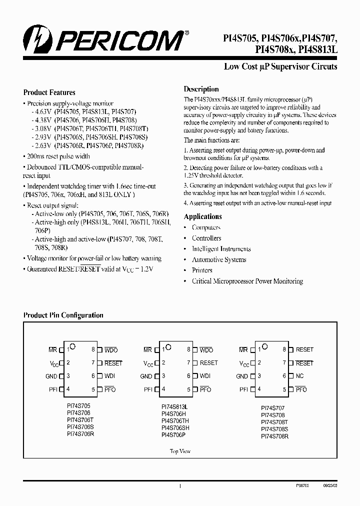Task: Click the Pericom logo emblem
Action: tap(34, 39)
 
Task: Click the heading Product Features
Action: tap(49, 92)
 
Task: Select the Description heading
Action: tap(201, 89)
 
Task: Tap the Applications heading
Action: tap(202, 216)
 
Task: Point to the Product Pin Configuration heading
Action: tap(63, 315)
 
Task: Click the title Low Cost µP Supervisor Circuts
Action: tap(280, 66)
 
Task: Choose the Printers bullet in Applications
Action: tap(202, 270)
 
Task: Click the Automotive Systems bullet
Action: tap(219, 260)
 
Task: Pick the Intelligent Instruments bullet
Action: tap(220, 249)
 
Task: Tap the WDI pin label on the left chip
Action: tap(109, 376)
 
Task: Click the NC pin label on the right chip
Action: tap(300, 376)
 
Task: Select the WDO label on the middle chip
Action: tap(206, 350)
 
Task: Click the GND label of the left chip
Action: tap(51, 376)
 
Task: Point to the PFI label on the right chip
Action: tap(243, 389)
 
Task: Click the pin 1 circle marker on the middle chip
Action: tap(168, 346)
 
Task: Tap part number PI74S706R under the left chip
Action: tap(80, 434)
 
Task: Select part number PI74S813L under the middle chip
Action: tap(175, 407)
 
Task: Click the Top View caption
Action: tap(179, 451)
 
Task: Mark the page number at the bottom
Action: tap(179, 485)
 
